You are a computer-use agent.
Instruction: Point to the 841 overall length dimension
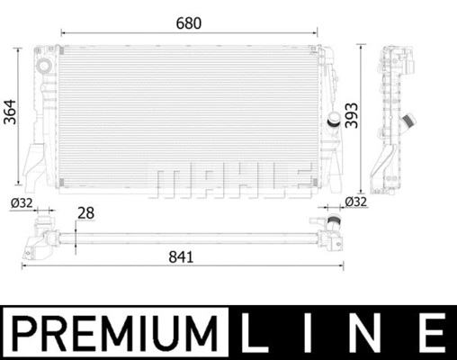tap(181, 256)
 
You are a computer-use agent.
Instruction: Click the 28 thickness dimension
tap(85, 212)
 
